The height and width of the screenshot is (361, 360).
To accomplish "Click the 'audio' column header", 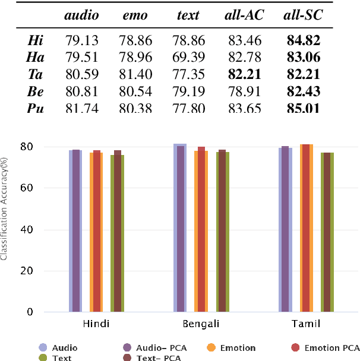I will coord(81,16).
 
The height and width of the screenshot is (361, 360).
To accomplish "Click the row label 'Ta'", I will coord(35,75).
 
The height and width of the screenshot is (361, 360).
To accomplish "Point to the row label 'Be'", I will coord(35,92).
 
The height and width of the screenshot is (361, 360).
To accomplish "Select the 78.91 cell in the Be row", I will coord(244,92).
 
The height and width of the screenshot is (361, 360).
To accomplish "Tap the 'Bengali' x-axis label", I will coord(200,324).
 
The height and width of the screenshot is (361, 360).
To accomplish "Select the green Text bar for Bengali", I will coord(223,232).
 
